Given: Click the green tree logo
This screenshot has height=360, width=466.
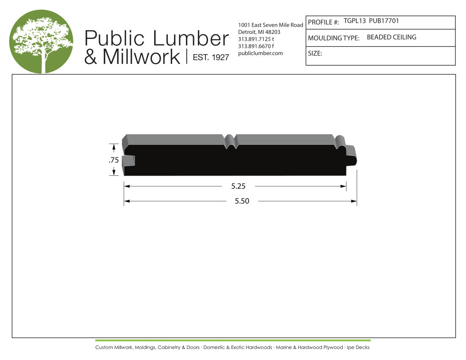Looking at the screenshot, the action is click(x=42, y=42).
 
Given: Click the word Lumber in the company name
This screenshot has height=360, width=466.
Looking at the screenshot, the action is click(x=191, y=38).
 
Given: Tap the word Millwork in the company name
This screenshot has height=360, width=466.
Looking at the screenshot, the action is click(x=141, y=56).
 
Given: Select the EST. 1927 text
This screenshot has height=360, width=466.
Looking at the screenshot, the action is click(x=211, y=57).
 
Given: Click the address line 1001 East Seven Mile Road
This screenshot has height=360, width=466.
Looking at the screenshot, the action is click(x=270, y=25).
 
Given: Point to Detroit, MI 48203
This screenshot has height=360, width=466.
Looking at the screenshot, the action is click(x=259, y=32).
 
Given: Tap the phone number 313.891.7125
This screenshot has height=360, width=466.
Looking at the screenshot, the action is click(x=254, y=39).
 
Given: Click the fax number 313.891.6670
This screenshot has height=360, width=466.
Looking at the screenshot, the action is click(x=254, y=46).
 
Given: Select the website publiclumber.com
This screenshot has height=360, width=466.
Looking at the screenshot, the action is click(x=261, y=53).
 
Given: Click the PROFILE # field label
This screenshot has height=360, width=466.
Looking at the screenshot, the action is click(x=323, y=22).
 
